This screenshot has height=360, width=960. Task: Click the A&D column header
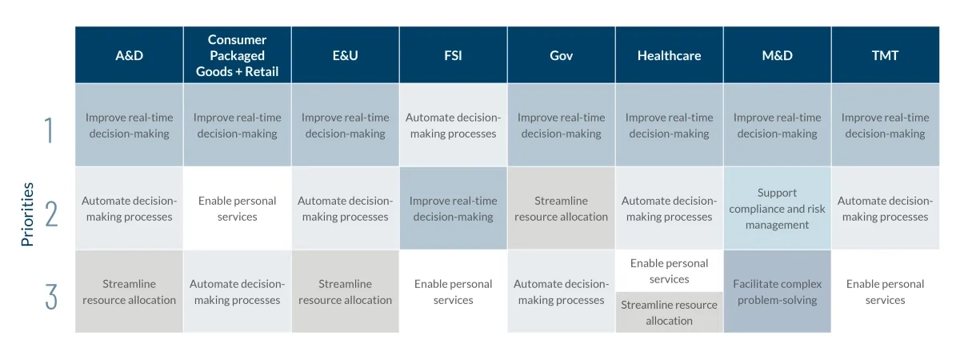point(129,55)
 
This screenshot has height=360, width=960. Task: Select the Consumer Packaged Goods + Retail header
point(237,55)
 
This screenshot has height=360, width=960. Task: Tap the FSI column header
point(453,55)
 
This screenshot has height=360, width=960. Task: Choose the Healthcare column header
point(669,55)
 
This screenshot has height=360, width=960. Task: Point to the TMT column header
point(885,55)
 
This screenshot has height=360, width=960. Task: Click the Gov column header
point(561,55)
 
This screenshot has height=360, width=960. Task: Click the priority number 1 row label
point(50,130)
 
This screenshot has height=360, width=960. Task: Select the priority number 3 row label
point(51,297)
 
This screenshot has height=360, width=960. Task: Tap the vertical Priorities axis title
point(27,214)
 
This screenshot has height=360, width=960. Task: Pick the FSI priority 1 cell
point(453,125)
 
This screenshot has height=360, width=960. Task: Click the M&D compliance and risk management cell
point(777,208)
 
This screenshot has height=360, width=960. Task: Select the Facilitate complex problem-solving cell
point(777,291)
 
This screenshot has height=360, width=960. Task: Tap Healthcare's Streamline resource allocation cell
point(669,313)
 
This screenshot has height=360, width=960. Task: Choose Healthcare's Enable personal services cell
point(669,271)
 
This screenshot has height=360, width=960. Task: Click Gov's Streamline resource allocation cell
point(561,208)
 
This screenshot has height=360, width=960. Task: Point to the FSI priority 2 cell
point(453,208)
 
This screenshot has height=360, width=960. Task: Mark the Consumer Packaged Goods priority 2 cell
point(237,208)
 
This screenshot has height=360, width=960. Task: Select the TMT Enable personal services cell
point(885,291)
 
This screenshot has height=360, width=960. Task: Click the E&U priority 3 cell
point(345,291)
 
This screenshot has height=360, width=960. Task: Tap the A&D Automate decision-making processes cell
point(129,208)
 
